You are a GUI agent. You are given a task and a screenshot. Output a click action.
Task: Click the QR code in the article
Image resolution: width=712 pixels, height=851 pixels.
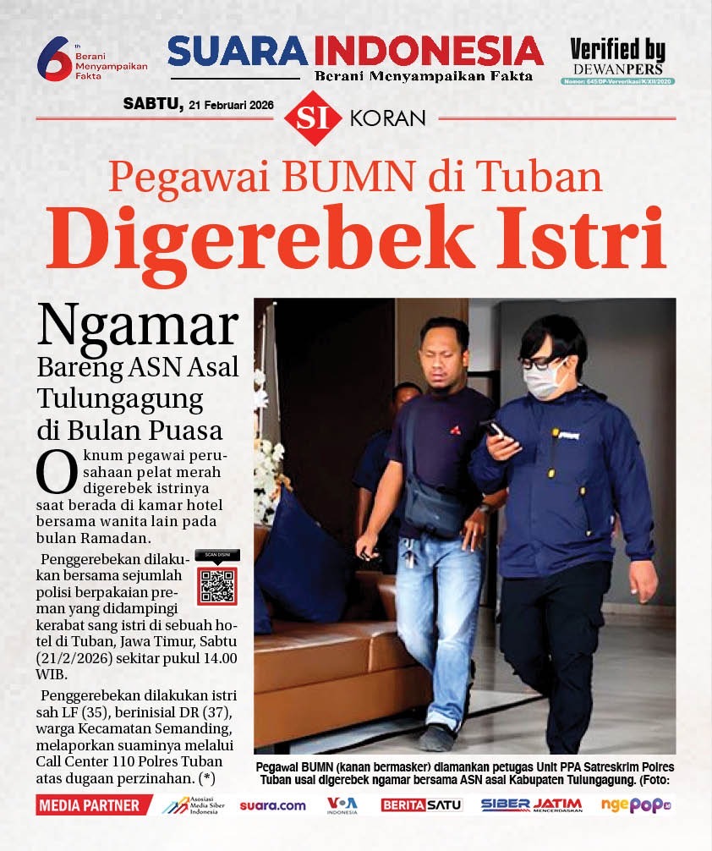(x=217, y=585)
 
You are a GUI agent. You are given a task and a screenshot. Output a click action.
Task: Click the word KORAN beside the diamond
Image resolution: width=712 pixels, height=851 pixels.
(x=386, y=118)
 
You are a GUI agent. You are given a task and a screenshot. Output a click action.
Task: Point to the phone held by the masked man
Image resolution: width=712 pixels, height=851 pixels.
(x=495, y=429)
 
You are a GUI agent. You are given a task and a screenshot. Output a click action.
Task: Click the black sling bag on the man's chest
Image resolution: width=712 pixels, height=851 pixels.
(x=434, y=508)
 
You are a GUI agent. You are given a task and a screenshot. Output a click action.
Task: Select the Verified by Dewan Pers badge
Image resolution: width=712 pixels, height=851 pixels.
(x=617, y=60)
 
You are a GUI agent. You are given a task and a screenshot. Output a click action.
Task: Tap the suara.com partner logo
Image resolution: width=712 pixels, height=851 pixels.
(x=272, y=805)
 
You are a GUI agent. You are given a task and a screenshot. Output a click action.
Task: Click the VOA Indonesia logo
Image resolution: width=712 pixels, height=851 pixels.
(x=342, y=805)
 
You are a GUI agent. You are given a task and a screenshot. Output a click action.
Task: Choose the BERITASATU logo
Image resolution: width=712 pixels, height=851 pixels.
(x=421, y=805)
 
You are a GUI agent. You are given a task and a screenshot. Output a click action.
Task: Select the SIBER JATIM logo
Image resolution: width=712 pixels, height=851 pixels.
(x=531, y=805)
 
